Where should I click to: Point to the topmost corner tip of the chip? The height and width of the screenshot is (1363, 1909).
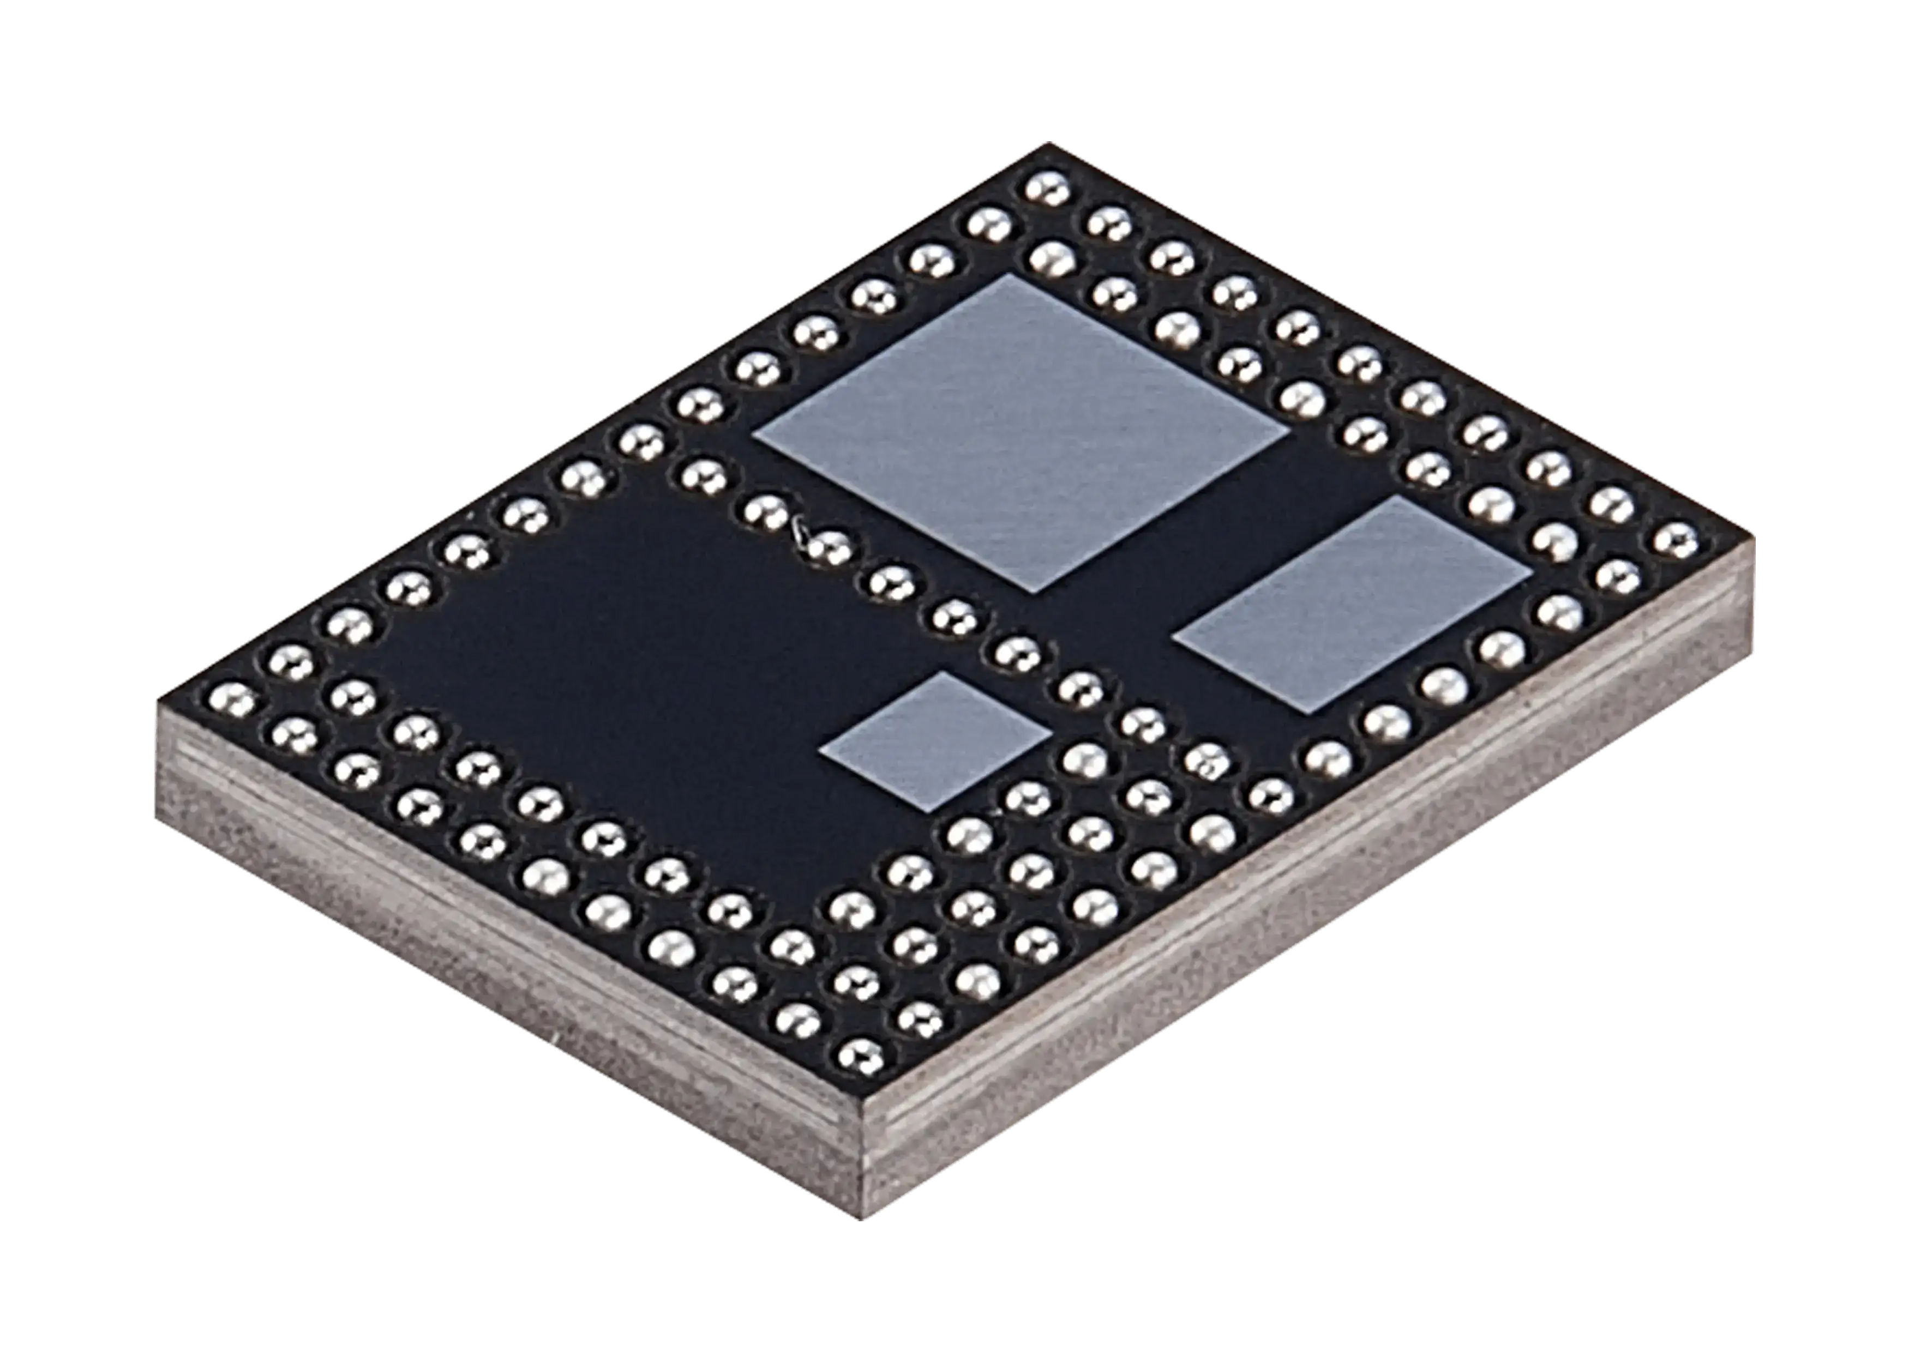point(1045,143)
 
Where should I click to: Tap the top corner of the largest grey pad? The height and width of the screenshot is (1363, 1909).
point(1010,274)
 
